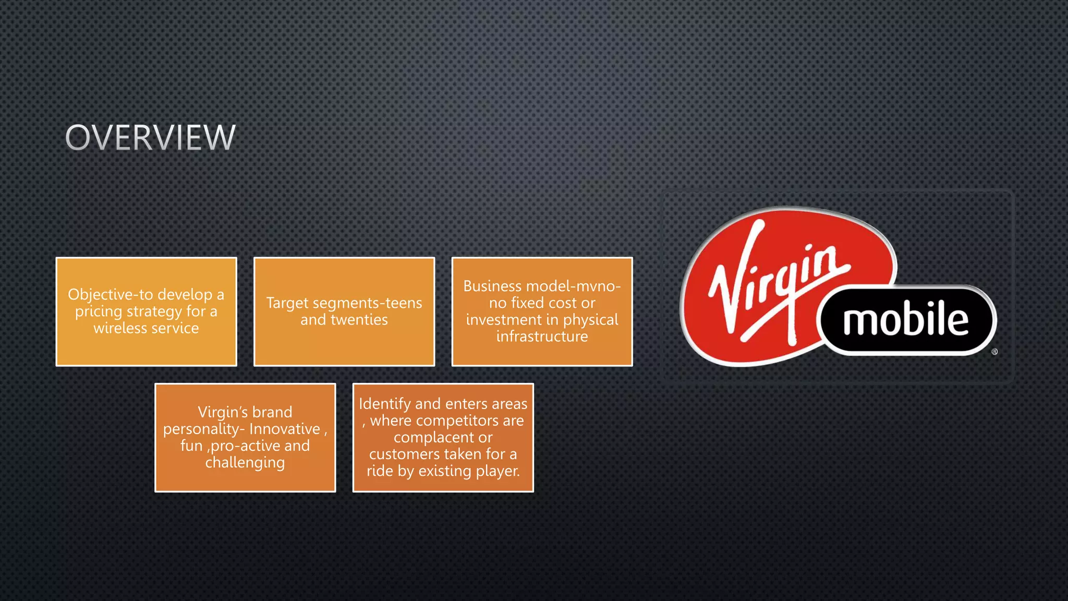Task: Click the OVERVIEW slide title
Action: [150, 138]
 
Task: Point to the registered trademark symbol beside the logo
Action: [994, 352]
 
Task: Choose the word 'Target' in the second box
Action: [287, 303]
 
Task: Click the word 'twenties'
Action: [359, 320]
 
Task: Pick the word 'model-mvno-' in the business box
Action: [574, 286]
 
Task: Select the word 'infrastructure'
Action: [542, 336]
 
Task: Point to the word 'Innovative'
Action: [285, 429]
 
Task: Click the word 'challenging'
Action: [245, 463]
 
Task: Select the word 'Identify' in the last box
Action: [385, 404]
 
